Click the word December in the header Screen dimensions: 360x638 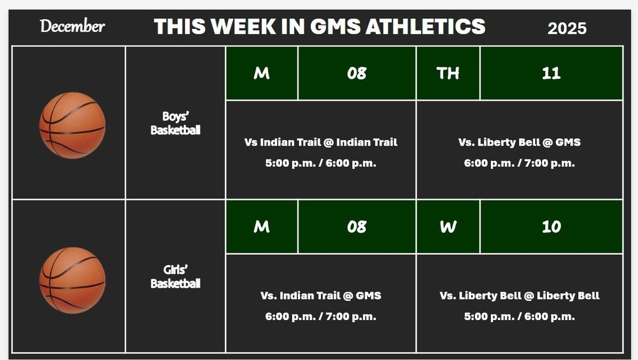point(72,26)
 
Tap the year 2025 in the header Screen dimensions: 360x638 point(567,28)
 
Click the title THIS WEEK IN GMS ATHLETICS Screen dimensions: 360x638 point(320,26)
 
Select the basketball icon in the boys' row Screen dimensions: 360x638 point(72,125)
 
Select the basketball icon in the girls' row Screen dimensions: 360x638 point(72,280)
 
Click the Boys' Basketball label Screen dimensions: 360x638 point(175,123)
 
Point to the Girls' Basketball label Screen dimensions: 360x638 point(175,277)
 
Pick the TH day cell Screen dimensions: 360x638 point(448,73)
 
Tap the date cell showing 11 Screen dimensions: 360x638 point(551,73)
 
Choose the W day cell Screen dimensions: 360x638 point(448,227)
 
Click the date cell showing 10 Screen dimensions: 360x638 point(551,227)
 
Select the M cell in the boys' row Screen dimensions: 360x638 point(262,73)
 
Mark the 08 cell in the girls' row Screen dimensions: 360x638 point(356,227)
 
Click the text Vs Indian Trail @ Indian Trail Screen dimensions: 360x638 point(321,142)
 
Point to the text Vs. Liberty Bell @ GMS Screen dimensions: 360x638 point(519,142)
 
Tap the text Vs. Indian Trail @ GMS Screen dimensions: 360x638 point(321,295)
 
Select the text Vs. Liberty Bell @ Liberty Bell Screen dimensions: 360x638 point(519,295)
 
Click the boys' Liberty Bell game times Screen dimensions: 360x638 point(519,163)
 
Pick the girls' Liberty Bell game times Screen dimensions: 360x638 point(519,316)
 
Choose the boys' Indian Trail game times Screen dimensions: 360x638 point(321,163)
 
